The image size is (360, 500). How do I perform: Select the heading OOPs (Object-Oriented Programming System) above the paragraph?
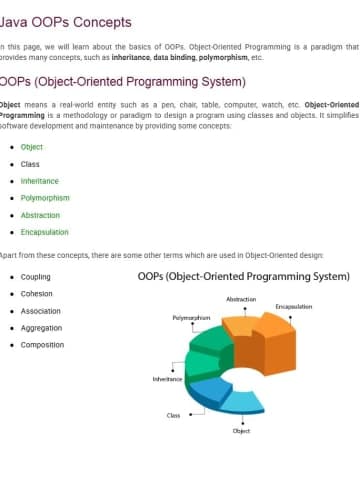click(x=122, y=81)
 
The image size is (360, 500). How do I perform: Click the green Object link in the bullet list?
click(x=32, y=146)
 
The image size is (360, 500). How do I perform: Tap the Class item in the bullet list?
click(x=30, y=164)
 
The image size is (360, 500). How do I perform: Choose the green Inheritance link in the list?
click(x=40, y=181)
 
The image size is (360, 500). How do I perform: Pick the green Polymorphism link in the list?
click(x=45, y=198)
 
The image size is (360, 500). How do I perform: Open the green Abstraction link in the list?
click(x=41, y=215)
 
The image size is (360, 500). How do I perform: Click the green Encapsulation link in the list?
click(x=45, y=232)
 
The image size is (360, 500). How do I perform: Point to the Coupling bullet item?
click(x=36, y=277)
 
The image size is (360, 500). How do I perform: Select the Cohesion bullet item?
click(x=36, y=294)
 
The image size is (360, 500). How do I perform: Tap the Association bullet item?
click(x=41, y=311)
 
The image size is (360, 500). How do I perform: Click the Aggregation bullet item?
click(x=41, y=328)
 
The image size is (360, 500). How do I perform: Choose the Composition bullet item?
click(x=43, y=345)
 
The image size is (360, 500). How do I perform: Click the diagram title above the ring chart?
click(x=243, y=276)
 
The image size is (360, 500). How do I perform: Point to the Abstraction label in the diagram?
click(x=241, y=299)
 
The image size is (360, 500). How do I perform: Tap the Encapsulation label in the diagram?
click(x=294, y=306)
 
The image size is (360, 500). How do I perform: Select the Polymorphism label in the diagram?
click(x=191, y=317)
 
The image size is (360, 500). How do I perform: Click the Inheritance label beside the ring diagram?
click(x=167, y=379)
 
